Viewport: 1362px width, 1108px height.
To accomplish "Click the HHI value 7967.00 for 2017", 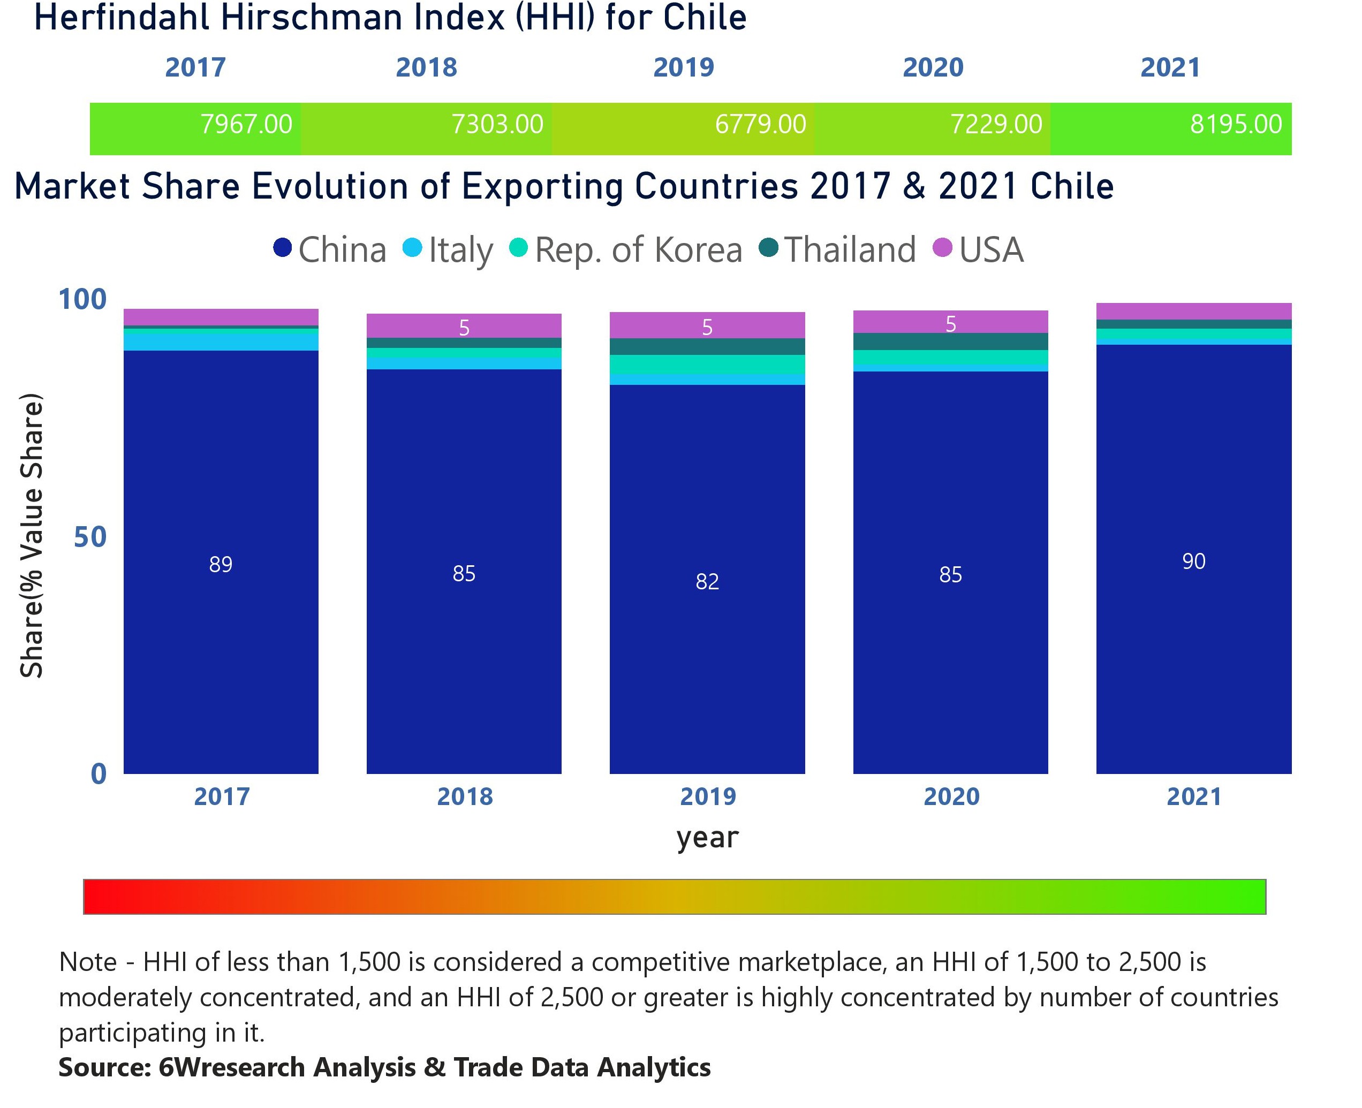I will (x=246, y=124).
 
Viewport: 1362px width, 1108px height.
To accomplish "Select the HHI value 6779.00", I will (x=760, y=124).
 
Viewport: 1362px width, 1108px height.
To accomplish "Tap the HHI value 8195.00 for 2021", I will (x=1235, y=124).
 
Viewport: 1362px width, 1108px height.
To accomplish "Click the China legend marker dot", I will (x=282, y=248).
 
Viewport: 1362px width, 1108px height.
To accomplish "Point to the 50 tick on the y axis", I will (x=89, y=537).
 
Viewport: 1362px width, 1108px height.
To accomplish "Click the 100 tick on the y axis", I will (x=82, y=299).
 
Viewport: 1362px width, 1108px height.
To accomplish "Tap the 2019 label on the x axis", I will (x=707, y=796).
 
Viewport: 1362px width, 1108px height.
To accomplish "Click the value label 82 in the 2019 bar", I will (x=707, y=581).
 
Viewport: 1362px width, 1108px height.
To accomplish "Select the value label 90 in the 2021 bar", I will (x=1193, y=561).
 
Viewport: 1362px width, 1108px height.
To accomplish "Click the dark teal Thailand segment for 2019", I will (x=707, y=346).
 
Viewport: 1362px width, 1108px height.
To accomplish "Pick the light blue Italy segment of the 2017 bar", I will (x=221, y=342).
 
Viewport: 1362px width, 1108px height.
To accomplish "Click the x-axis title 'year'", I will (x=707, y=837).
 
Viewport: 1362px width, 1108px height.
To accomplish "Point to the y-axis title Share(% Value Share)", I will (x=31, y=536).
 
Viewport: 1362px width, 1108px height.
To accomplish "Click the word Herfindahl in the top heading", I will (x=122, y=18).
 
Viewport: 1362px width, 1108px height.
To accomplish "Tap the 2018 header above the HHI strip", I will (x=426, y=67).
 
